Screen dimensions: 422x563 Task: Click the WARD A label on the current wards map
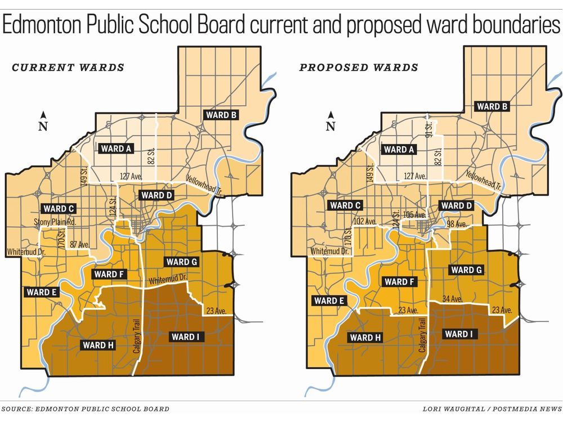tap(117, 149)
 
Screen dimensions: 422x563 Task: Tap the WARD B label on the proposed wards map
tap(493, 106)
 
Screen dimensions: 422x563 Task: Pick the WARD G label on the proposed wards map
tap(466, 270)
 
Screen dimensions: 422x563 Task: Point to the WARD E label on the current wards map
tap(41, 292)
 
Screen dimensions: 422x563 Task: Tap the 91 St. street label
tap(429, 127)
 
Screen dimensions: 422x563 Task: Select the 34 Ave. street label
tap(453, 299)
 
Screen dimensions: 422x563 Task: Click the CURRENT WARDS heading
tap(68, 68)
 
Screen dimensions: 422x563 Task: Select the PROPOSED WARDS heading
tap(359, 68)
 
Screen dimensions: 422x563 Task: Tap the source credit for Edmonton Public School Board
tap(85, 409)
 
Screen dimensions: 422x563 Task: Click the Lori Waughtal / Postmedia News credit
tap(491, 409)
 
